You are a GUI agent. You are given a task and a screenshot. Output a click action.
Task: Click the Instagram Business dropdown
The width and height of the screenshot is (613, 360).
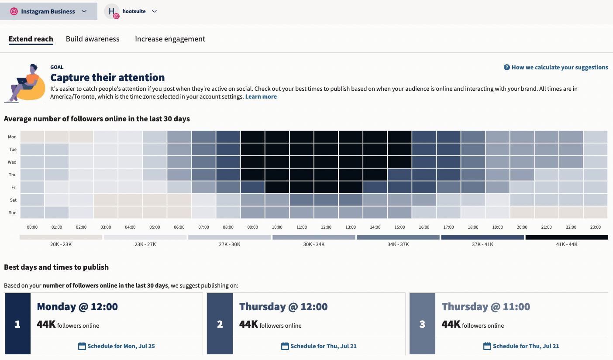(x=48, y=11)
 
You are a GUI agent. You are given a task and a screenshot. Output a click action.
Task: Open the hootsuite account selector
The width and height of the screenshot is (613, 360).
(x=131, y=11)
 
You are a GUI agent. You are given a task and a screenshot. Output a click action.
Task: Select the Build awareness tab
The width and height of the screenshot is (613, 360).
(x=93, y=39)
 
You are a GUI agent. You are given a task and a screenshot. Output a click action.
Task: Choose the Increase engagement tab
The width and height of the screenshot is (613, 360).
(x=170, y=39)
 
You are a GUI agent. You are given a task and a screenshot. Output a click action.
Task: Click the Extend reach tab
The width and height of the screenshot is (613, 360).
(x=31, y=39)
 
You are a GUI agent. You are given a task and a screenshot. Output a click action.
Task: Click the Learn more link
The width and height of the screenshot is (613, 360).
(x=261, y=96)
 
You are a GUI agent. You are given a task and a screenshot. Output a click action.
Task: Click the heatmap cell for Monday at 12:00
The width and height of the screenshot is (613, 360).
(x=326, y=137)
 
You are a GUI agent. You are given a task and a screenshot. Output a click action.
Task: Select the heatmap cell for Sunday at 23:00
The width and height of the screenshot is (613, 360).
(x=596, y=213)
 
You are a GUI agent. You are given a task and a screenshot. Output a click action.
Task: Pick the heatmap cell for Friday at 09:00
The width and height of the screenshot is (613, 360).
(x=253, y=187)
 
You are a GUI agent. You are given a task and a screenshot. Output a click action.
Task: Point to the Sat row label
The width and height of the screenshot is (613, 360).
(x=12, y=200)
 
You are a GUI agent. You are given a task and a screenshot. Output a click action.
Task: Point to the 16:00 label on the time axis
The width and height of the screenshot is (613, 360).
(x=424, y=227)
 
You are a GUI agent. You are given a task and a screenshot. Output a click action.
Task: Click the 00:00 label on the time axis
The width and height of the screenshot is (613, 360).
(x=32, y=227)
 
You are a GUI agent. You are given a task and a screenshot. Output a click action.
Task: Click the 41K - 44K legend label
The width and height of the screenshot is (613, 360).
(x=567, y=244)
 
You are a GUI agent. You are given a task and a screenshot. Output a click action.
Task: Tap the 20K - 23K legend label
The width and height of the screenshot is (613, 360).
(x=61, y=244)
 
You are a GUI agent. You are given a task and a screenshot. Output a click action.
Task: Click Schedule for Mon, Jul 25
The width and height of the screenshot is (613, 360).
(x=117, y=346)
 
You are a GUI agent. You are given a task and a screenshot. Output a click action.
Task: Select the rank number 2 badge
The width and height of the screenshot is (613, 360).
(x=220, y=324)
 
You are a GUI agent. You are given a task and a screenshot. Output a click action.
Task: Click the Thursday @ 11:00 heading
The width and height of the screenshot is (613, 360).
(x=486, y=307)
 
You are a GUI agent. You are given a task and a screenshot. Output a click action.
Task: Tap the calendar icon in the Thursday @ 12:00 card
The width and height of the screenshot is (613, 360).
(x=285, y=346)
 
